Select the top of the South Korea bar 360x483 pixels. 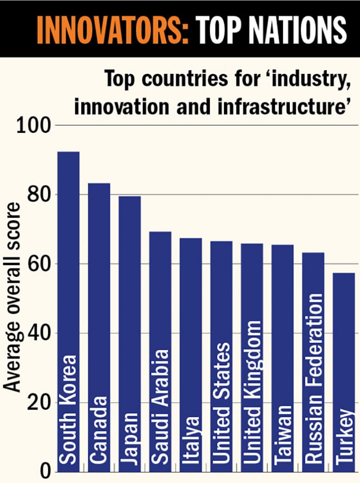click(x=68, y=152)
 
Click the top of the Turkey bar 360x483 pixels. click(x=343, y=274)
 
